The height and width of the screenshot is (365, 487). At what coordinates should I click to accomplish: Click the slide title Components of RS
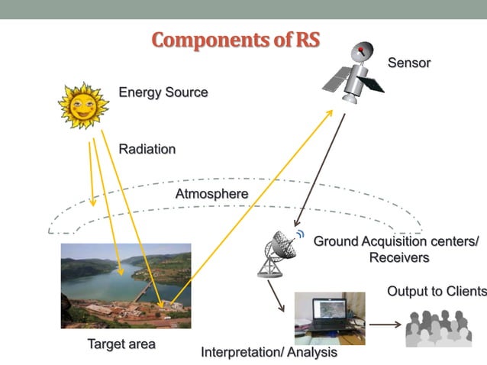point(235,40)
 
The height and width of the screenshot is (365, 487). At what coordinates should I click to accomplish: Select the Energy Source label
point(163,92)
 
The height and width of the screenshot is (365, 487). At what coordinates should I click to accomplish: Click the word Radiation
point(147,149)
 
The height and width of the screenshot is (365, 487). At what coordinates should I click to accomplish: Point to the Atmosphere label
point(211,194)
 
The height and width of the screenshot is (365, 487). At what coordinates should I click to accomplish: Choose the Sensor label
point(409,63)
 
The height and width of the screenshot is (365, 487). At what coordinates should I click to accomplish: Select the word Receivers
point(398,257)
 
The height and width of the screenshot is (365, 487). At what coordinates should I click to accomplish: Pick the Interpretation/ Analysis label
point(269,353)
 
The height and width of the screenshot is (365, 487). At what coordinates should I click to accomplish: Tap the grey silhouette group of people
point(443,328)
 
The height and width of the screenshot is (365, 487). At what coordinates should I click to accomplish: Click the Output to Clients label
point(436,291)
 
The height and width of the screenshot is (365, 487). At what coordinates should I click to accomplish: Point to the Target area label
point(121,344)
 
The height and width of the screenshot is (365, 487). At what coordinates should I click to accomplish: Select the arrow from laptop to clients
point(385,324)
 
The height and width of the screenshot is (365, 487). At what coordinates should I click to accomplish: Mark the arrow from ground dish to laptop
point(276,297)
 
